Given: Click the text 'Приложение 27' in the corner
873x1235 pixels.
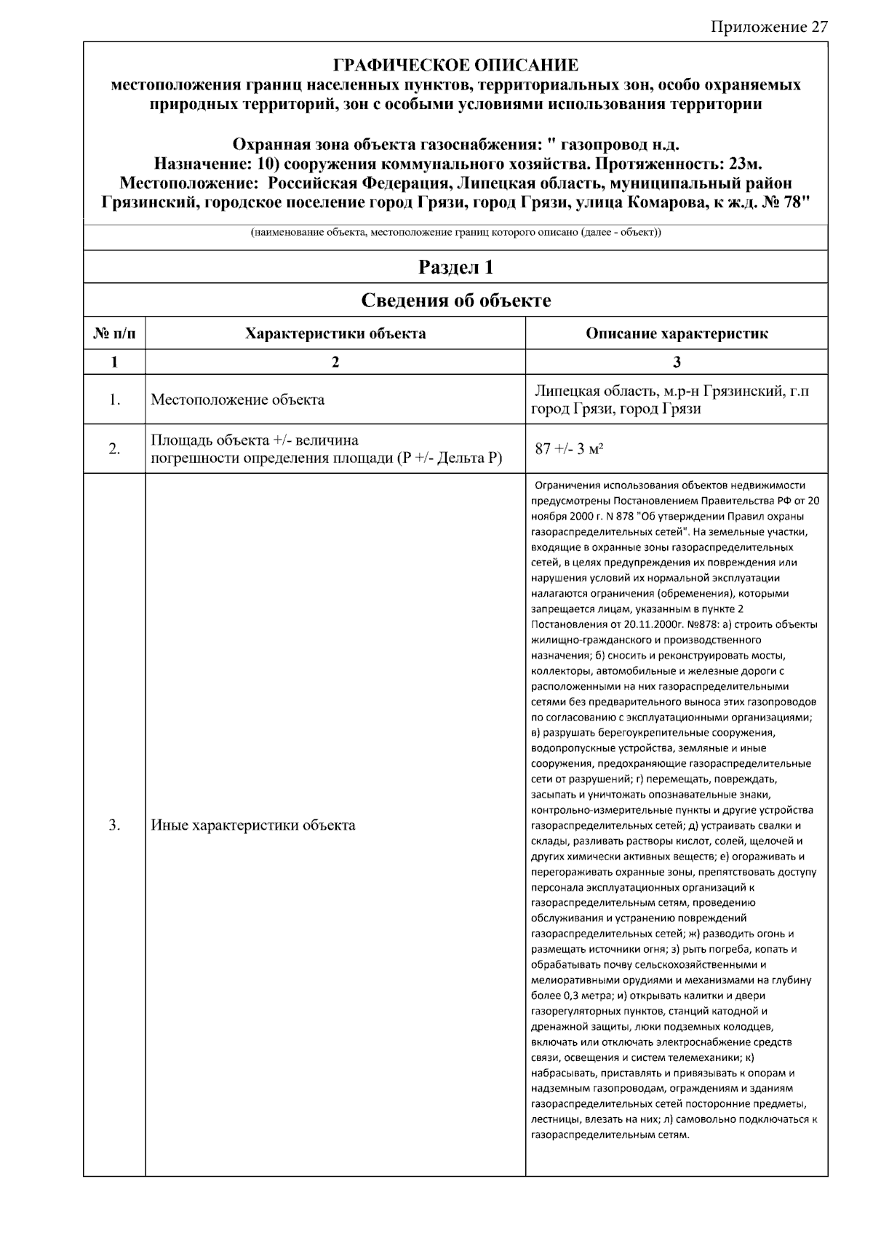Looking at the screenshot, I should (768, 27).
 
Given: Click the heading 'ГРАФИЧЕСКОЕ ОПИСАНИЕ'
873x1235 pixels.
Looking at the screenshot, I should (455, 65).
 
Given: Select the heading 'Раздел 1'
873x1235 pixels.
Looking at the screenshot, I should (455, 267).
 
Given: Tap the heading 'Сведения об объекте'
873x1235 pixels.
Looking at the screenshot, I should (455, 300).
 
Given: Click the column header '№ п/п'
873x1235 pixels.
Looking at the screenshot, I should (114, 334).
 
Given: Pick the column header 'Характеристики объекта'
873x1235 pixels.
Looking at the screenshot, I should (335, 334).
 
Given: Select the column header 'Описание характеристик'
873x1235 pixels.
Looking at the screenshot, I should (677, 334).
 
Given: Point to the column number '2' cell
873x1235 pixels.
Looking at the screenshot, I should (335, 362).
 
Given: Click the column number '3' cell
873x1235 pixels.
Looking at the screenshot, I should (677, 362).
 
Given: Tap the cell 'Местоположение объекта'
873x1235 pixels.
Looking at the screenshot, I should (237, 400).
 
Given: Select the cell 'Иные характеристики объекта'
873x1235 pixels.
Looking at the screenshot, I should (252, 825).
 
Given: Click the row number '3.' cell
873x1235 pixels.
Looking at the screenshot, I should (114, 825).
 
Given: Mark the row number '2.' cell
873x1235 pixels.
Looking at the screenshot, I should (114, 449).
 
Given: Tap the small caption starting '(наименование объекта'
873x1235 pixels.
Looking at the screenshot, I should (455, 234).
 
